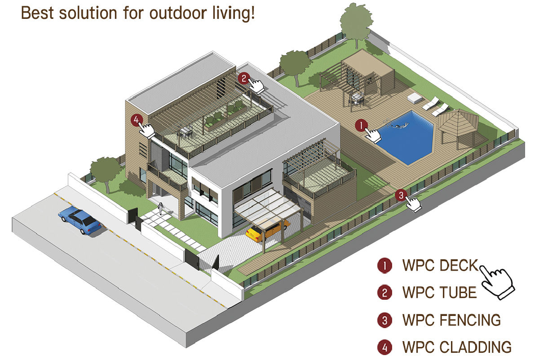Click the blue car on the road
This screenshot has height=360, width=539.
point(80,220)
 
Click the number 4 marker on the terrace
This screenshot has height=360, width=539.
point(137,120)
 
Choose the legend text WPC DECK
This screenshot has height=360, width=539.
point(441,266)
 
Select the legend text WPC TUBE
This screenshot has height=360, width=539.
point(439,293)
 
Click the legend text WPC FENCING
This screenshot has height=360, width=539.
point(451,320)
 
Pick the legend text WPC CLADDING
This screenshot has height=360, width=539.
point(457,347)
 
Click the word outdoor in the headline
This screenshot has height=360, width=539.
point(167,13)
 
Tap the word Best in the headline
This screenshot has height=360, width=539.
point(36,13)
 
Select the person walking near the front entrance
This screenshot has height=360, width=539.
point(160,209)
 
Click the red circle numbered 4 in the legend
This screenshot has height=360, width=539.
point(384,347)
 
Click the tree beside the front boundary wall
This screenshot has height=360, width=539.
point(106,169)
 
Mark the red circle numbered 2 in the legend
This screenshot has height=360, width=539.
point(384,293)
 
